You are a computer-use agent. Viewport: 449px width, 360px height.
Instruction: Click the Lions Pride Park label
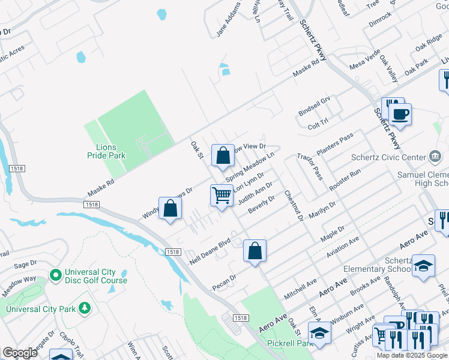tap(106, 151)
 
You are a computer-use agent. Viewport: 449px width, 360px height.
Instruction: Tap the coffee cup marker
tap(400, 113)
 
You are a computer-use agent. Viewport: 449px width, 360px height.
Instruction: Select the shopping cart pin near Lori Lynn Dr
tap(222, 195)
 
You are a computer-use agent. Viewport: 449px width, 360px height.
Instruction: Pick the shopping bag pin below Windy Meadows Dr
tap(170, 208)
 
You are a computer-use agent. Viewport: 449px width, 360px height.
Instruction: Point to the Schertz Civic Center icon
tap(434, 157)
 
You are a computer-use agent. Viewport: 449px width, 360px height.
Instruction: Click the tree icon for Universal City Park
tap(85, 308)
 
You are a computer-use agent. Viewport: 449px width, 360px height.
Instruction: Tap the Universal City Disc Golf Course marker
tap(56, 275)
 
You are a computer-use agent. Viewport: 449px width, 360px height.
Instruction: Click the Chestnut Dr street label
tap(294, 205)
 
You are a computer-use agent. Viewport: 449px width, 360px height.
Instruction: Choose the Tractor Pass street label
tap(310, 166)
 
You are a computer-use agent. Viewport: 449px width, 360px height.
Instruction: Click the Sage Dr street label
tap(25, 264)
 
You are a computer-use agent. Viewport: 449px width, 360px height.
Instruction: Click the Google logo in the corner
tap(19, 352)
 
